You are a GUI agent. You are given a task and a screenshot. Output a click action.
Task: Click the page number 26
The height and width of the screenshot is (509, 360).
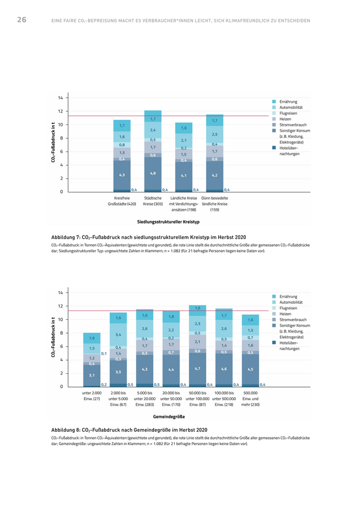(22, 20)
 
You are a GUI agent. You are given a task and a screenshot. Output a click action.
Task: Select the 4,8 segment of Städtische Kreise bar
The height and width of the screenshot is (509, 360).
(153, 173)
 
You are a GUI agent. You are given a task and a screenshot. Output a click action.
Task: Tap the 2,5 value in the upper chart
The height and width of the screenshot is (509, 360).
(214, 134)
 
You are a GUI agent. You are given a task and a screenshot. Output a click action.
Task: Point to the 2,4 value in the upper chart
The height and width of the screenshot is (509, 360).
(153, 130)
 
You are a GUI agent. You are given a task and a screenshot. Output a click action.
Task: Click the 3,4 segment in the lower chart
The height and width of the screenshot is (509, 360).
(118, 335)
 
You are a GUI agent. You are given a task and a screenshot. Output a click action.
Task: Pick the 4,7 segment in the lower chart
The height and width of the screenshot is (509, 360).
(197, 368)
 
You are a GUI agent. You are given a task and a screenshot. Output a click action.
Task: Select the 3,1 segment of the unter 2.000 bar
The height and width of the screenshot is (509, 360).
(92, 375)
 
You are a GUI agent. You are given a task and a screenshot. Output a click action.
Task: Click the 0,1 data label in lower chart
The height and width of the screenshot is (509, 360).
(104, 354)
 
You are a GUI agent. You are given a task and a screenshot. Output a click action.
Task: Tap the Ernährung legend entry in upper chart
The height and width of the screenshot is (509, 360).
(288, 102)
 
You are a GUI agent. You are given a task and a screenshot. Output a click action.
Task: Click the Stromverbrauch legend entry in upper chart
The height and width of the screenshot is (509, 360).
(293, 125)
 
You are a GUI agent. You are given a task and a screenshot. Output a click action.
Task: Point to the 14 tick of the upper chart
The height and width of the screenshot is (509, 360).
(60, 98)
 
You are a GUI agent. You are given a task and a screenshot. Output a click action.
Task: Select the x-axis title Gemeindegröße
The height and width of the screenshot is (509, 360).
(168, 416)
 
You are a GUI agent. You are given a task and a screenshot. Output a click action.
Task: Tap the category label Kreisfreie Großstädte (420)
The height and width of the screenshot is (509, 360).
(122, 201)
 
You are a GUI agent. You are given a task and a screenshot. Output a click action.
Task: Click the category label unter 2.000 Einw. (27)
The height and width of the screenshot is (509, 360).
(92, 396)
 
